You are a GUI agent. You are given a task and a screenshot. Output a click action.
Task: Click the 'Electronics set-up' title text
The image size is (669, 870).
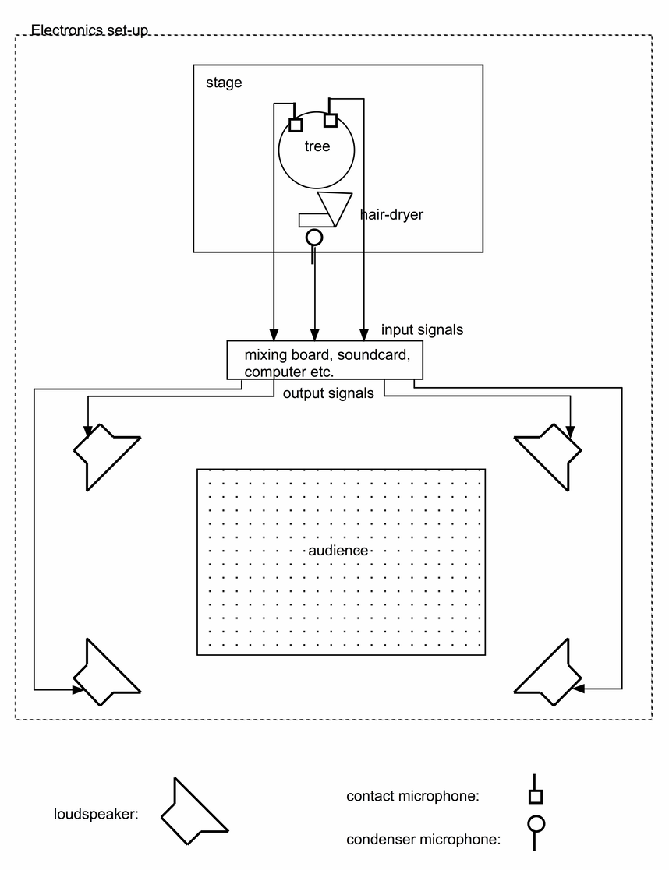click(x=89, y=31)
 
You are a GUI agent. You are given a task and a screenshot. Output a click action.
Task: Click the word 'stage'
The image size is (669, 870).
click(x=224, y=83)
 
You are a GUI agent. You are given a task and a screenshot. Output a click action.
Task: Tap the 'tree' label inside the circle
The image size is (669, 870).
click(x=317, y=146)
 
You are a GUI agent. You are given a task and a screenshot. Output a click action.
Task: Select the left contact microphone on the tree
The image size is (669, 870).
click(x=296, y=125)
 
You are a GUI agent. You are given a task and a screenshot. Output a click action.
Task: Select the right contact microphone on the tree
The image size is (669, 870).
click(x=330, y=120)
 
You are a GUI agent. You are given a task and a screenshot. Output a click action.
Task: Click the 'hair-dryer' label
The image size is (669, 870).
click(x=391, y=214)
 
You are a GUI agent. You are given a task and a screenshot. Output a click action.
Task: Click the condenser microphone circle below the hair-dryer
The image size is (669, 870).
click(x=313, y=238)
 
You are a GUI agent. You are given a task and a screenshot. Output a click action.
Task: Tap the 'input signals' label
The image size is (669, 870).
click(x=422, y=330)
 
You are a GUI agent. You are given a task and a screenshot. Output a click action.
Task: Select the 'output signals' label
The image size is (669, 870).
click(x=327, y=394)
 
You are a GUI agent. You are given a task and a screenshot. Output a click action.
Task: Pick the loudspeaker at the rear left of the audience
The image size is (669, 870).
click(x=105, y=674)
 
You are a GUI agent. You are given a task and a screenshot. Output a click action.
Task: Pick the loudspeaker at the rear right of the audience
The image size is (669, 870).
click(x=550, y=674)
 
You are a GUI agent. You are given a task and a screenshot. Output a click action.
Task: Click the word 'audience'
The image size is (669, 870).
click(x=338, y=551)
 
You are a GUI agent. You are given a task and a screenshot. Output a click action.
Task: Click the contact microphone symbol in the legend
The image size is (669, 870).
click(x=535, y=796)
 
